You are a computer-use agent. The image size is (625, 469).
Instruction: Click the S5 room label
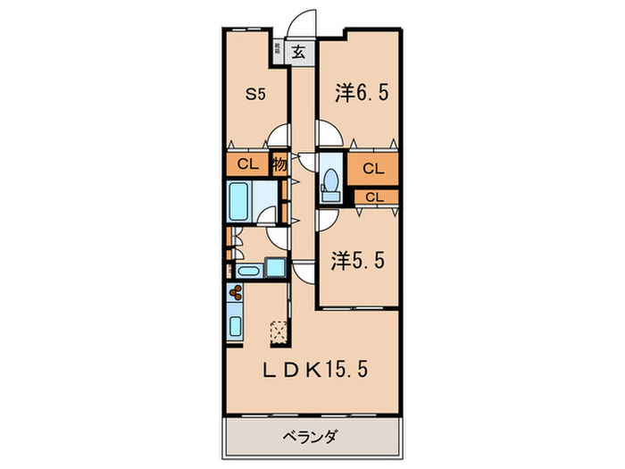255,92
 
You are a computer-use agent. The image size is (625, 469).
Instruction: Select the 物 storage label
279,165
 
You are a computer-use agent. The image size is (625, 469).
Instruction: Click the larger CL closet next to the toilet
373,168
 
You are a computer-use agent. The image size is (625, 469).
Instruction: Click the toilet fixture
329,182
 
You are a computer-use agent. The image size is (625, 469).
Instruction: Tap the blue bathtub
239,202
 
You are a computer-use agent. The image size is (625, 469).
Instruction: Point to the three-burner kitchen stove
237,293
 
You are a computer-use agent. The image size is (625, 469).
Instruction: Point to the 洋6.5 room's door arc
327,134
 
